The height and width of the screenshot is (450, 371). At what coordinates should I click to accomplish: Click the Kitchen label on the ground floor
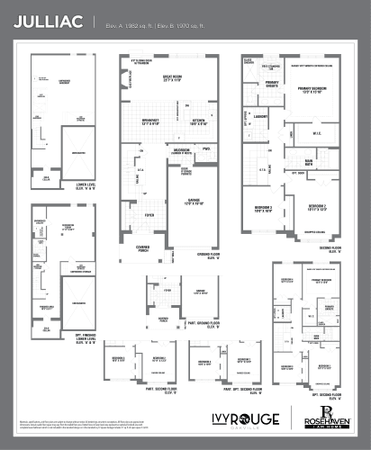coord(200,121)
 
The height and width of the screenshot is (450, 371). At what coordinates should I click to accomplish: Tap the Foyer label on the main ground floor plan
coord(149,215)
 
